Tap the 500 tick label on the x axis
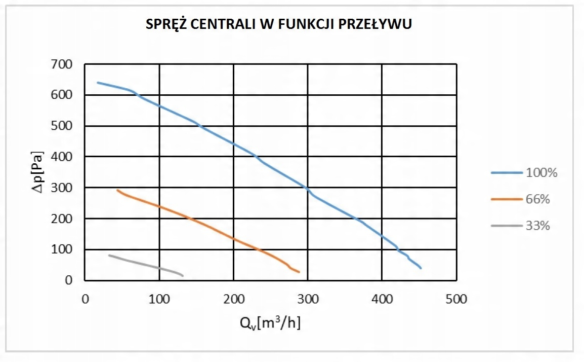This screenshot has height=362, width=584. pos(456,299)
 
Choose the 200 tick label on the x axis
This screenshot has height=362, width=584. pos(233,299)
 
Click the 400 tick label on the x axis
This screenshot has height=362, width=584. pos(382,299)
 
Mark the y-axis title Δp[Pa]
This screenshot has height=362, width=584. pos(36,172)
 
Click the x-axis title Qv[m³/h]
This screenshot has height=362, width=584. pos(270,323)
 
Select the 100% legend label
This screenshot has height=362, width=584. pos(542,173)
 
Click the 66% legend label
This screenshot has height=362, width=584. pos(538,199)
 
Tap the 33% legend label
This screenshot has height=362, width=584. pos(538,226)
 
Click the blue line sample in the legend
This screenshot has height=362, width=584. pos(506,173)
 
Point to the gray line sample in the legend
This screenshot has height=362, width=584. pos(506,226)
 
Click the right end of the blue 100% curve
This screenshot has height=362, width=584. pos(421,268)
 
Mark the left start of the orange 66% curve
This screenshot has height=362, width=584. pos(117,190)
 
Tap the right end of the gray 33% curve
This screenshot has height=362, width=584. pos(182,275)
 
